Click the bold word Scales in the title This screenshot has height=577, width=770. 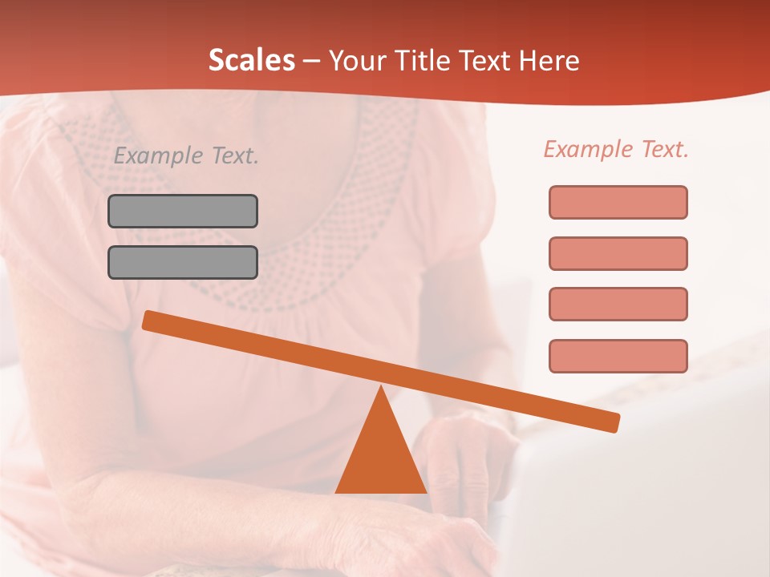tap(251, 60)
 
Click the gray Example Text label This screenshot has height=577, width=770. tap(186, 156)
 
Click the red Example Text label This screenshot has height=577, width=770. tap(616, 149)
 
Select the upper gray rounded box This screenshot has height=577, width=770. tap(183, 211)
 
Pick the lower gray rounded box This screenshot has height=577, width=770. tap(183, 262)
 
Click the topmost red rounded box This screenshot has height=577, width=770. tap(618, 202)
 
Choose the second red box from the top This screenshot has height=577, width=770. tap(618, 253)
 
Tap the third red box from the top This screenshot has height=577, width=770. tap(618, 304)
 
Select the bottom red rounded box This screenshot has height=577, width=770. tap(618, 356)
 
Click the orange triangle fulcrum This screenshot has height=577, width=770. tap(381, 457)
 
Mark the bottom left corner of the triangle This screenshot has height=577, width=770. tap(337, 491)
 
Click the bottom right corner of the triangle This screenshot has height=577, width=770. tap(425, 491)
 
